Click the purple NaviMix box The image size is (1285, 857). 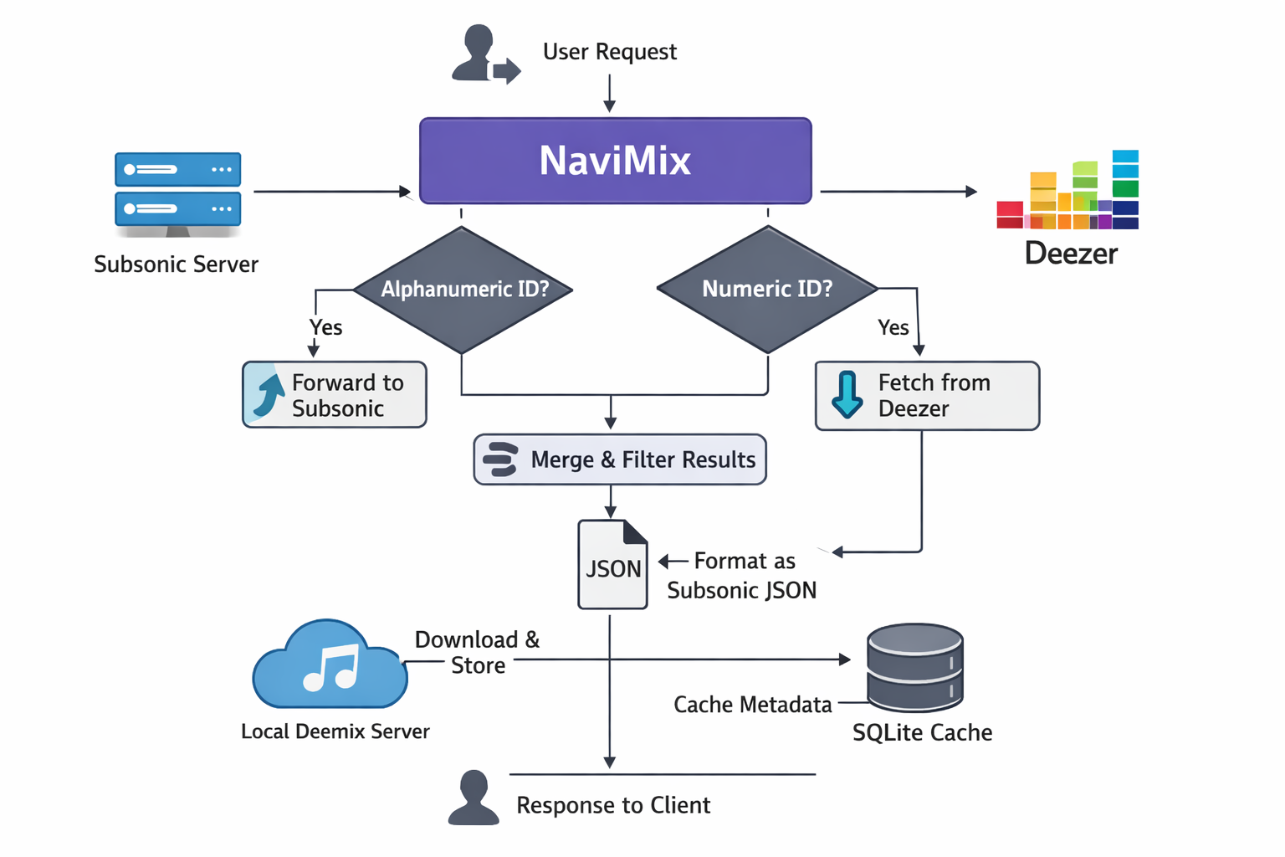pyautogui.click(x=615, y=161)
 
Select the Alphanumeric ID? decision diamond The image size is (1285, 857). pyautogui.click(x=463, y=290)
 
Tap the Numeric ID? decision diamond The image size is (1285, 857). pyautogui.click(x=767, y=290)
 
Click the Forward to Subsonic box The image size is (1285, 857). pyautogui.click(x=335, y=395)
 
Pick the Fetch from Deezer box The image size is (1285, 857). pyautogui.click(x=927, y=396)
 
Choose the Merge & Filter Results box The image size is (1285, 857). pyautogui.click(x=620, y=459)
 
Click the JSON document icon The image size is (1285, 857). pyautogui.click(x=612, y=565)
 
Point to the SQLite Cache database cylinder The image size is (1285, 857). pyautogui.click(x=915, y=667)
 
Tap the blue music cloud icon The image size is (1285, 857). pyautogui.click(x=330, y=665)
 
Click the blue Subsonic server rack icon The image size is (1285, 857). pyautogui.click(x=177, y=191)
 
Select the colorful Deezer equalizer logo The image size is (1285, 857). pyautogui.click(x=1068, y=192)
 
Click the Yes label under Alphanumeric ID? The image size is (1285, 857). pyautogui.click(x=325, y=327)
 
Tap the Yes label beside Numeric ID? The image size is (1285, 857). pyautogui.click(x=893, y=327)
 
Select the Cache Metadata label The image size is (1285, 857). pyautogui.click(x=752, y=705)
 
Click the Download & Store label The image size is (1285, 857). pyautogui.click(x=478, y=653)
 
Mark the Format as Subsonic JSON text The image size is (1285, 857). pyautogui.click(x=742, y=576)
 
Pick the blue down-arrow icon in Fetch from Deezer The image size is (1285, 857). pyautogui.click(x=847, y=394)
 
